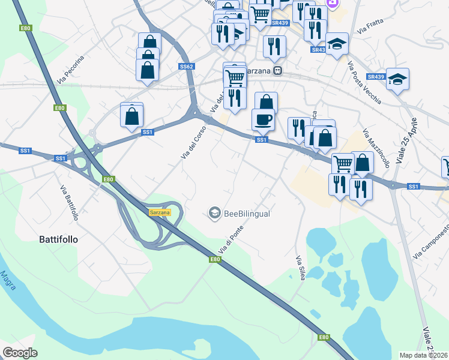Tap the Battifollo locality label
coord(58,238)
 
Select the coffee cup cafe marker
coord(263,119)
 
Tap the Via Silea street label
coord(300,268)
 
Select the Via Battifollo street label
coord(69,202)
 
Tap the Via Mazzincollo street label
coord(376,148)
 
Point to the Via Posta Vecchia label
coord(364,83)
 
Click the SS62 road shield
coord(186,67)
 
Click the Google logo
coord(20,353)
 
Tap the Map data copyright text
coord(424,355)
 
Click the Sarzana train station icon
coord(277,71)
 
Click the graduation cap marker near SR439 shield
coord(397,79)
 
